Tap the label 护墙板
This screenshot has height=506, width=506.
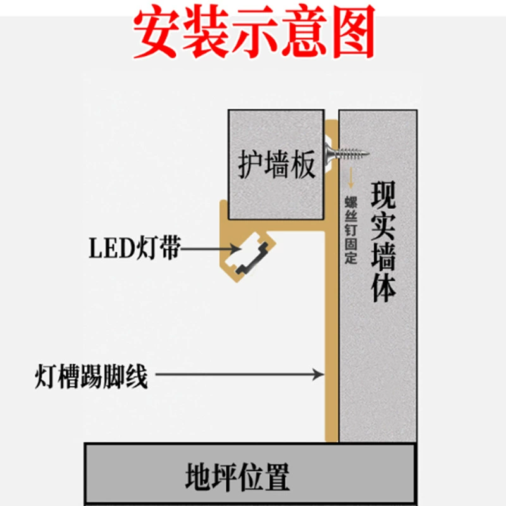[x=276, y=164]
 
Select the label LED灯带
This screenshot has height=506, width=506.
[x=135, y=248]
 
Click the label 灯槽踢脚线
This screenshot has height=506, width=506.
[x=91, y=376]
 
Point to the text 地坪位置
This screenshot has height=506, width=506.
[x=237, y=477]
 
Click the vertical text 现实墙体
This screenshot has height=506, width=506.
[x=383, y=242]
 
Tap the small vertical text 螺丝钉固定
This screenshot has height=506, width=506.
[x=351, y=230]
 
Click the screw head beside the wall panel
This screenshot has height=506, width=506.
[x=330, y=154]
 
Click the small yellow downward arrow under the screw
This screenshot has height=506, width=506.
[x=351, y=178]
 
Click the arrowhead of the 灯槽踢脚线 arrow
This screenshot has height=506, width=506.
[x=319, y=374]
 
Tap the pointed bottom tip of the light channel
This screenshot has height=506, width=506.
[x=237, y=281]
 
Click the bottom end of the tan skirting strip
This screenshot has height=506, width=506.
[x=331, y=440]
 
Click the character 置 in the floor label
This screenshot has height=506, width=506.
[x=276, y=477]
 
